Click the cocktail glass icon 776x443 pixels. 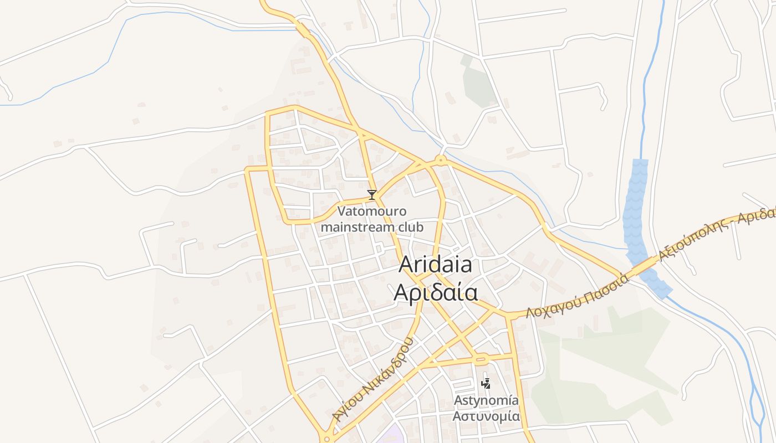click(x=372, y=194)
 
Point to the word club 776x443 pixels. click(x=410, y=227)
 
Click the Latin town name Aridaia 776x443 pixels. click(x=435, y=265)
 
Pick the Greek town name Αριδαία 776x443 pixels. click(x=435, y=292)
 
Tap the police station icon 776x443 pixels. click(x=486, y=383)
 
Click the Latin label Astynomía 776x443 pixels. click(x=486, y=400)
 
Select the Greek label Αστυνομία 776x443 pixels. click(x=486, y=416)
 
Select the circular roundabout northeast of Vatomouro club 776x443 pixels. click(x=441, y=161)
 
